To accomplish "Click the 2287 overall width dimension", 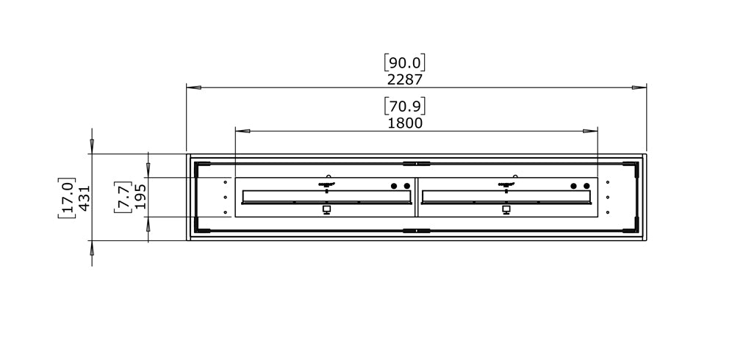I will tap(405, 79).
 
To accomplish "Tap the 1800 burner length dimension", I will tap(405, 123).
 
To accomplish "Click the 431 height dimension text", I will tap(84, 198).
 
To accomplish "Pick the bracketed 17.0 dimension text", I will tap(66, 198).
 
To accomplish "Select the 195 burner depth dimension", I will tap(140, 198).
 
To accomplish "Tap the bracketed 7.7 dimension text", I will tap(123, 198).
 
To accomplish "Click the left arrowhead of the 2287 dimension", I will tap(193, 87).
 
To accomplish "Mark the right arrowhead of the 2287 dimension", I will tap(639, 87).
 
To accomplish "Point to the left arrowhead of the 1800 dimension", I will tap(243, 131).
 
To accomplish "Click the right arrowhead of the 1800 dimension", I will tap(590, 131).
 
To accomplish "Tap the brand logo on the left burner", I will tap(326, 184).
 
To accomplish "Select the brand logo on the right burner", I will tap(506, 184).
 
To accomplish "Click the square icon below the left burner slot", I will tap(326, 209).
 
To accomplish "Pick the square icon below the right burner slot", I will tap(506, 209).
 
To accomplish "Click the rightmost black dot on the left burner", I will tap(406, 186).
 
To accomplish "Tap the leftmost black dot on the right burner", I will tap(574, 186).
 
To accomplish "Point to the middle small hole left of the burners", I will tap(226, 197).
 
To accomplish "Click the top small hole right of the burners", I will tap(608, 181).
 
